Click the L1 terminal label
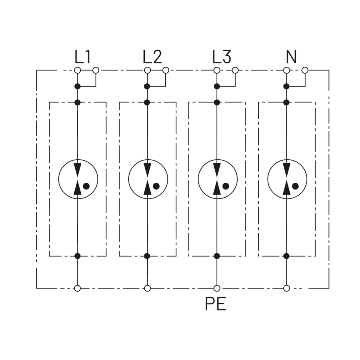coord(83,57)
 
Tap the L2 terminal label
coord(152,57)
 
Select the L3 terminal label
coord(222,57)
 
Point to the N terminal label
coord(291,57)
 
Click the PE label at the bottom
coord(216,304)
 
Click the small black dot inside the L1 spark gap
coord(86,186)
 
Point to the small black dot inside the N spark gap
coord(295,186)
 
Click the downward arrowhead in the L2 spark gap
coord(148,170)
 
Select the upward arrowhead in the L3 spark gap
coord(217,188)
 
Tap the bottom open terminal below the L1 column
coord(78,288)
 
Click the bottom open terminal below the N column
coord(286,288)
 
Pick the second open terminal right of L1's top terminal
coord(96,70)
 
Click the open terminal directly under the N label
coord(286,70)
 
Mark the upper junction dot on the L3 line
coord(217,86)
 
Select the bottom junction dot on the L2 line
coord(147,256)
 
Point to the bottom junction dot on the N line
coord(286,256)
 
